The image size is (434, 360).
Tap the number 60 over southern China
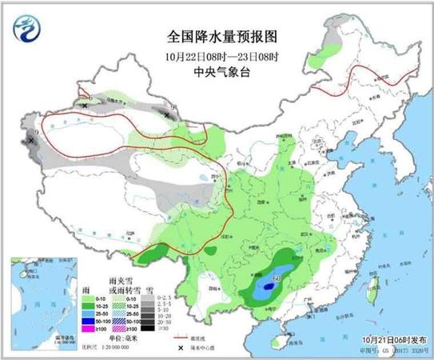[x=277, y=278]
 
